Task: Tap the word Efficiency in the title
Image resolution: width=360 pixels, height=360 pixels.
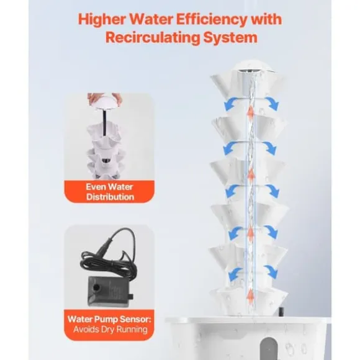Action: tap(211, 19)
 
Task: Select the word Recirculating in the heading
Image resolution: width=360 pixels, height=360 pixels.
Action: tap(152, 37)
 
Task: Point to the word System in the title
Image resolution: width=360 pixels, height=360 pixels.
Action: tap(230, 38)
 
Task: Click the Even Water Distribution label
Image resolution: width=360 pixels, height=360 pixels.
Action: tap(110, 192)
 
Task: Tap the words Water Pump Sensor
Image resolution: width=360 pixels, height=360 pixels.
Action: tap(109, 319)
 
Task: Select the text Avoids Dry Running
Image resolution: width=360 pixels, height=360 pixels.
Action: tap(110, 330)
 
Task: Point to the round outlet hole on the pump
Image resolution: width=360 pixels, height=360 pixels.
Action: tap(96, 287)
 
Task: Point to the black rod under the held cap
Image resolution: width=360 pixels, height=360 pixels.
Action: tap(105, 123)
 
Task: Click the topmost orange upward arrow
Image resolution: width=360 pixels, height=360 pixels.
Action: tap(251, 110)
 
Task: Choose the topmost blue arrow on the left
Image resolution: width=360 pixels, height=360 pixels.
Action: tap(231, 103)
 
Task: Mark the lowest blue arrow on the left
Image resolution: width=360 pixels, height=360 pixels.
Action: tap(235, 273)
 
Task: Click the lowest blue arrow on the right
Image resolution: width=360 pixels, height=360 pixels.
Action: tap(271, 271)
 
